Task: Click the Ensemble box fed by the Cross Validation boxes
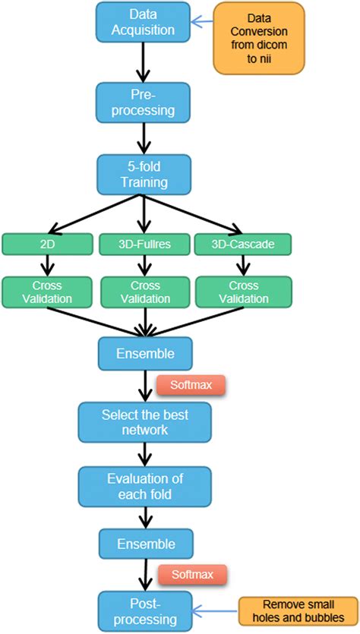144,354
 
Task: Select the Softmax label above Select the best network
191,385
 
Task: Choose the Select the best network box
144,423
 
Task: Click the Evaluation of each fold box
144,487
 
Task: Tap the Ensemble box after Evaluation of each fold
144,544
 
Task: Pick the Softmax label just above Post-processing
191,575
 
